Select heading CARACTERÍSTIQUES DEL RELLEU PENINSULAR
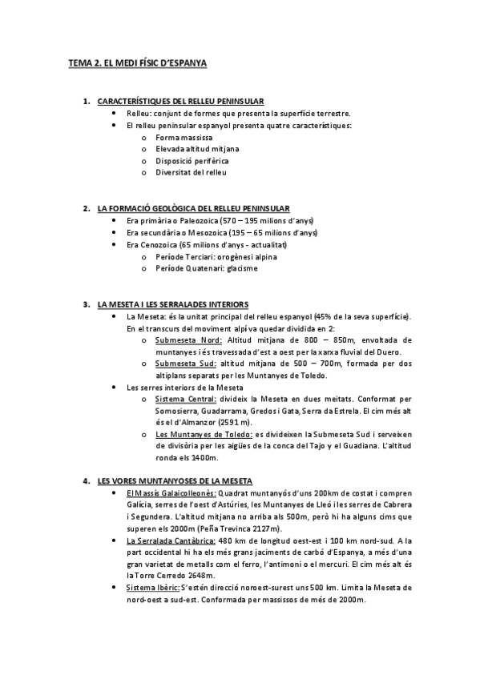click(x=179, y=102)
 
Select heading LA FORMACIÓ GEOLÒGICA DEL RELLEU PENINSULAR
click(x=193, y=208)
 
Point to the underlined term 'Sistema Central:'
click(x=186, y=399)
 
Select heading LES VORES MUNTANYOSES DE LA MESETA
click(x=175, y=481)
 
